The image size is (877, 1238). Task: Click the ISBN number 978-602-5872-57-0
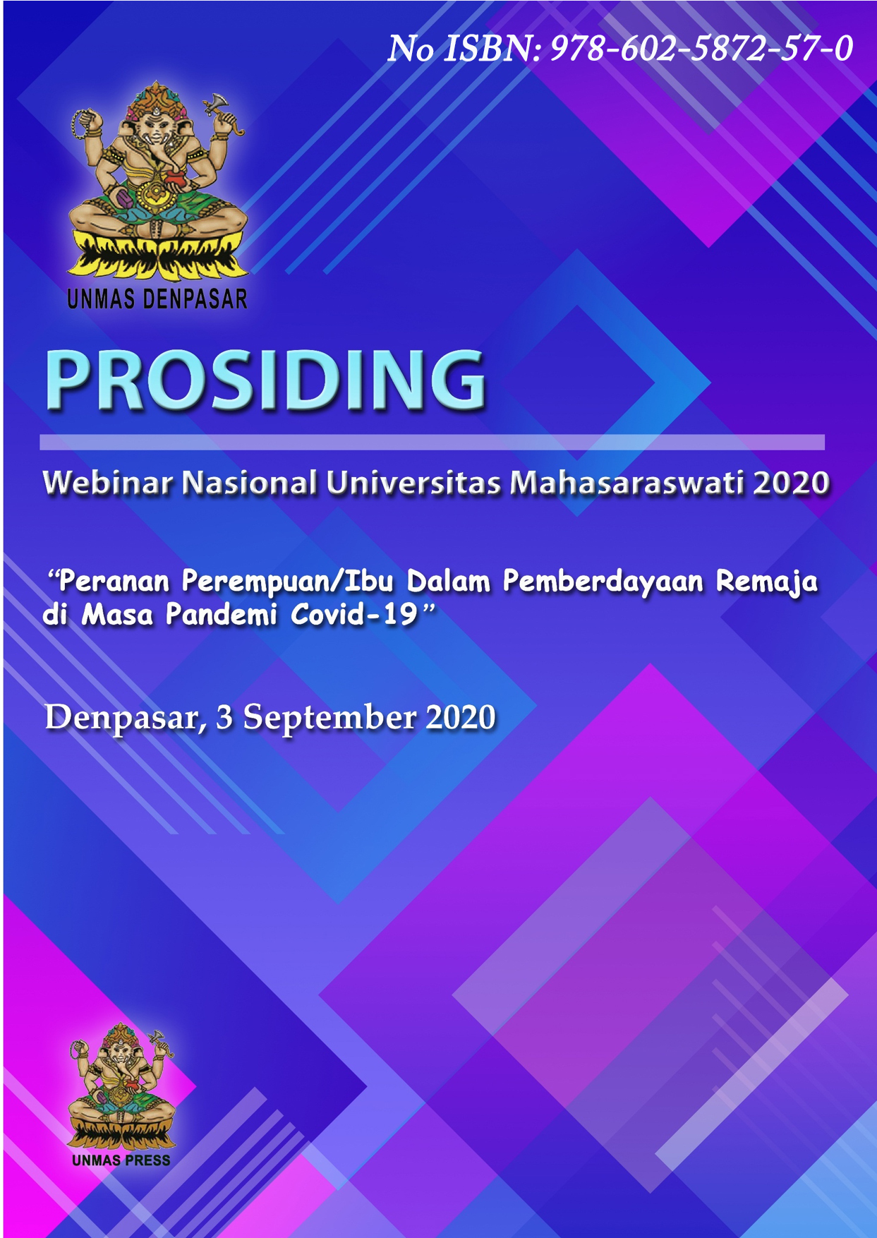click(x=701, y=49)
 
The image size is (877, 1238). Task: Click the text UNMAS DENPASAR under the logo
click(x=157, y=299)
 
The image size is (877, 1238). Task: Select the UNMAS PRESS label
click(x=121, y=1160)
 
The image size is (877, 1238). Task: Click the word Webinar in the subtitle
click(x=108, y=483)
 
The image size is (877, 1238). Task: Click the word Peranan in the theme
click(x=114, y=582)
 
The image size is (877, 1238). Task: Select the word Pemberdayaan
click(x=603, y=582)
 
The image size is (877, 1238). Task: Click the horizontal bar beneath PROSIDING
click(x=432, y=443)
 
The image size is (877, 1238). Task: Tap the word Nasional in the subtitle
click(x=249, y=483)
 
